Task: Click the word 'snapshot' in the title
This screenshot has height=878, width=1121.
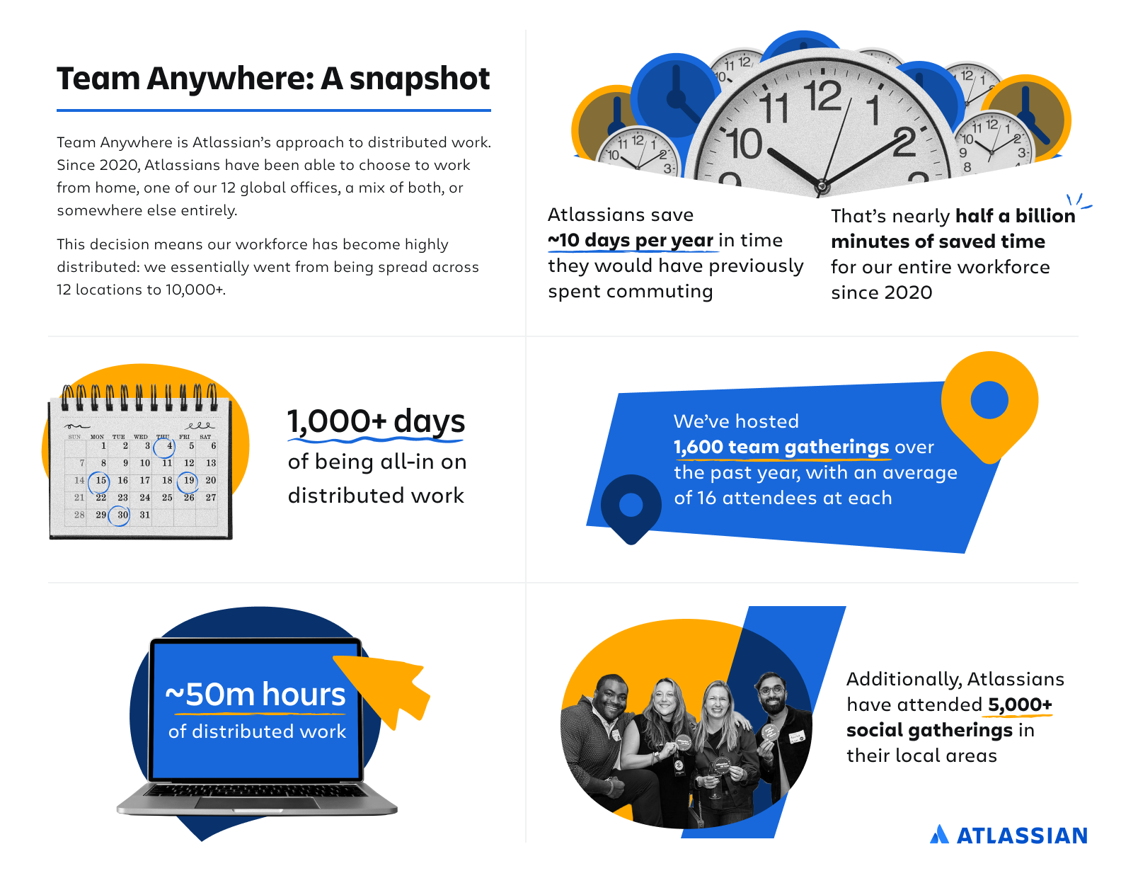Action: pyautogui.click(x=419, y=79)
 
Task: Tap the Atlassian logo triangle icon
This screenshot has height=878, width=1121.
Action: pyautogui.click(x=939, y=834)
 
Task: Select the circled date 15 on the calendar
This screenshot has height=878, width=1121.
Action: pyautogui.click(x=100, y=481)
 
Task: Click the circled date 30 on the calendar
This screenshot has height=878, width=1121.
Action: pyautogui.click(x=120, y=515)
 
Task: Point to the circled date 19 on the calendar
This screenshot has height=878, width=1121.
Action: pyautogui.click(x=188, y=481)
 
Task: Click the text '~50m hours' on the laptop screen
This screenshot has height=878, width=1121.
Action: pyautogui.click(x=255, y=694)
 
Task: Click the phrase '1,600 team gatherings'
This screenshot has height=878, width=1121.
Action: pyautogui.click(x=781, y=447)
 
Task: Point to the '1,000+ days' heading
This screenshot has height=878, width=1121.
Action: pyautogui.click(x=376, y=421)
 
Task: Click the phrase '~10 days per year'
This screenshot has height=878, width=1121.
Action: pyautogui.click(x=631, y=240)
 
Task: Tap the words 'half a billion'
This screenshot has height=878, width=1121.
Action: pyautogui.click(x=1015, y=216)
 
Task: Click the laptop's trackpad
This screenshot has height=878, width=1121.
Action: pyautogui.click(x=256, y=803)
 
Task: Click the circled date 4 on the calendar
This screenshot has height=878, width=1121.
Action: pyautogui.click(x=165, y=447)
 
